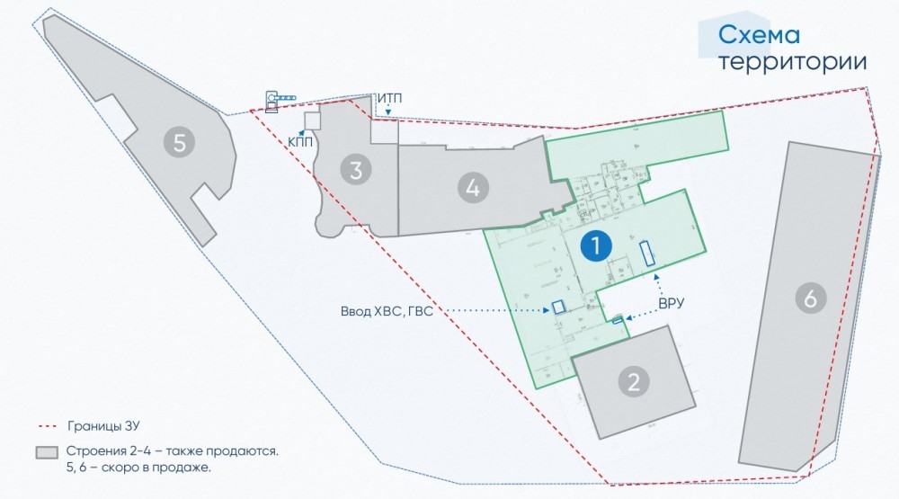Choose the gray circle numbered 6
[810, 299]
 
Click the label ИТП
[389, 97]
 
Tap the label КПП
[300, 141]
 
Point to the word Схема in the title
[759, 36]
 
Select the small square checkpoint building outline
[312, 120]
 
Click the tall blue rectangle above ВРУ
[646, 253]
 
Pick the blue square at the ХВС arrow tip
[558, 307]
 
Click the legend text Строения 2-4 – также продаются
[172, 450]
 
